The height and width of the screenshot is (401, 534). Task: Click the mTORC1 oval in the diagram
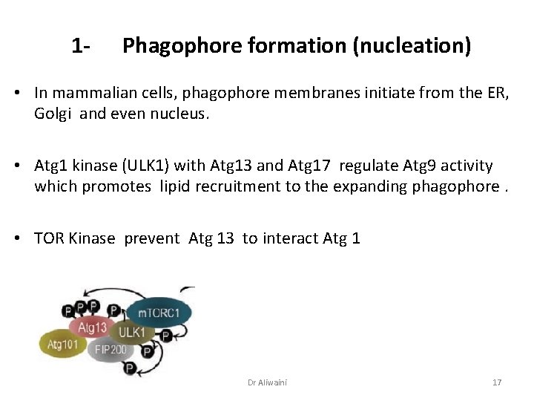tap(159, 313)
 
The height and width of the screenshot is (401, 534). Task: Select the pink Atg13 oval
tap(93, 327)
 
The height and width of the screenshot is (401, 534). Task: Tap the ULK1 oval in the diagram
tap(133, 332)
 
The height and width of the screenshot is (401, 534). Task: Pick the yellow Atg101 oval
tap(64, 344)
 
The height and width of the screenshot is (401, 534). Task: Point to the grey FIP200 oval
tap(110, 348)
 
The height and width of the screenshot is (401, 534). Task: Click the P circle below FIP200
tap(130, 368)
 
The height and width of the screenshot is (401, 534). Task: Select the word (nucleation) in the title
tap(412, 46)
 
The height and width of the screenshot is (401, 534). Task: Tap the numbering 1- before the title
tap(82, 46)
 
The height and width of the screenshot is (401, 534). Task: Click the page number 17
tap(497, 382)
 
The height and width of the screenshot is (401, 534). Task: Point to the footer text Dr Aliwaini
tap(267, 382)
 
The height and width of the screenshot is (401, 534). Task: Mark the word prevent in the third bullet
tap(152, 238)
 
